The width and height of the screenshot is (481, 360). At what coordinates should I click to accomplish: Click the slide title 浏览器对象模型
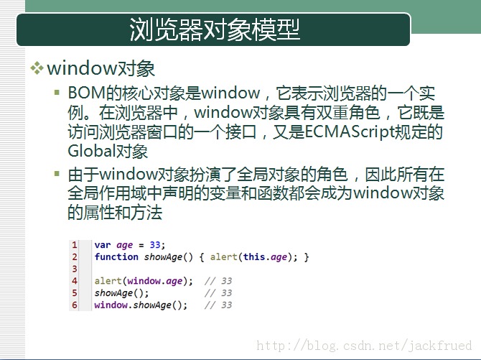click(x=214, y=29)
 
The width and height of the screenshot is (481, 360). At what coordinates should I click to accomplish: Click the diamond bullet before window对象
click(x=37, y=68)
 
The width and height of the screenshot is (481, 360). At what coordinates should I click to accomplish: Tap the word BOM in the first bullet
click(x=86, y=93)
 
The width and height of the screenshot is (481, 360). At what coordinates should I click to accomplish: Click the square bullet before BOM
click(x=57, y=92)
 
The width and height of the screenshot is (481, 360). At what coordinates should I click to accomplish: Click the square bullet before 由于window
click(x=57, y=174)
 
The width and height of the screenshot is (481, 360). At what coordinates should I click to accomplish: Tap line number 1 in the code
click(x=74, y=245)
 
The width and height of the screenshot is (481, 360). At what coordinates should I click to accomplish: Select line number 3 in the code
click(x=74, y=269)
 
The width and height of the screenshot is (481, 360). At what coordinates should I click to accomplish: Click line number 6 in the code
click(x=74, y=305)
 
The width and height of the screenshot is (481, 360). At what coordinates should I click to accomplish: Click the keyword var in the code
click(x=103, y=245)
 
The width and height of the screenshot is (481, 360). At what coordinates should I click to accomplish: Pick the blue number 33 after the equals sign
click(x=155, y=245)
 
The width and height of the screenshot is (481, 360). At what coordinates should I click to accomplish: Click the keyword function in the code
click(x=116, y=257)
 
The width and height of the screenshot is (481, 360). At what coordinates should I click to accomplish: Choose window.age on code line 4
click(x=155, y=281)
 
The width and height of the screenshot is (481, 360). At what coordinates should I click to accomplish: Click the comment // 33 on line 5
click(x=218, y=293)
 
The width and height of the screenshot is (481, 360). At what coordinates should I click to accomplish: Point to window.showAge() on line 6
click(x=140, y=305)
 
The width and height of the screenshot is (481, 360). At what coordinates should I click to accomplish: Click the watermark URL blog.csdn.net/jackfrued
click(x=364, y=346)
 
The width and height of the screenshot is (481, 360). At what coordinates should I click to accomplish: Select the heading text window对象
click(x=101, y=68)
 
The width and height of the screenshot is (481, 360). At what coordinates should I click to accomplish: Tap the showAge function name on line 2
click(x=163, y=257)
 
